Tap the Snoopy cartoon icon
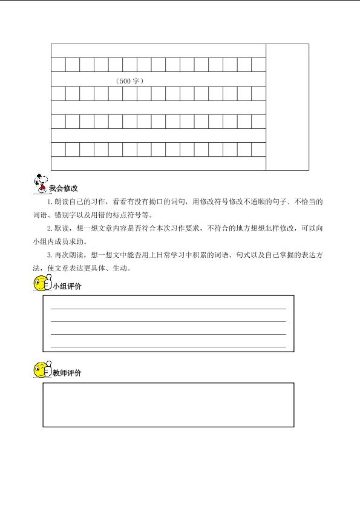coord(40,182)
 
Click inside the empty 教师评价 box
coord(168,405)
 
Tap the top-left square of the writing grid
coord(58,65)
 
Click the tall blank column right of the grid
coord(287,107)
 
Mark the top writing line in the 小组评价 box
coord(168,308)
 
